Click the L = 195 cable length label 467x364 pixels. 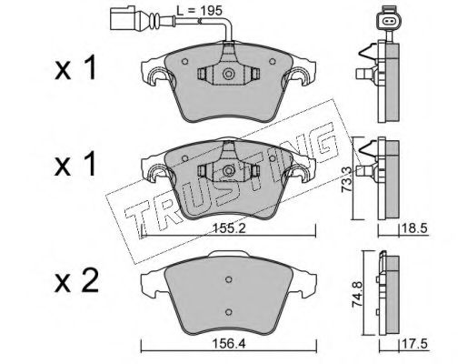tap(199, 11)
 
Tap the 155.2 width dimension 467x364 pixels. tap(229, 229)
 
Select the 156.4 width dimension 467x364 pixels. tap(229, 344)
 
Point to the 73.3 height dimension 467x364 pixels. tap(347, 179)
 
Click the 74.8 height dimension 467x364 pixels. tap(358, 294)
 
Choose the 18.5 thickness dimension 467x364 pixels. tap(414, 228)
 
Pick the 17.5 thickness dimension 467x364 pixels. tap(414, 344)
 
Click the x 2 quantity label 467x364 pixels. tap(76, 281)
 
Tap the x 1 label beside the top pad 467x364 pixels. tap(75, 68)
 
